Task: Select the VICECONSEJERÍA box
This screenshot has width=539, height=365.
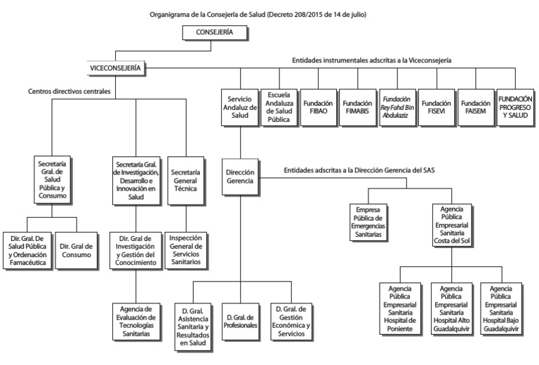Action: tap(115, 67)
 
